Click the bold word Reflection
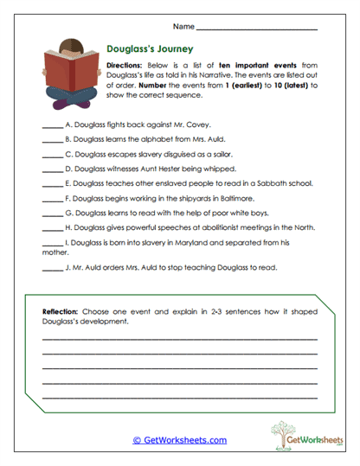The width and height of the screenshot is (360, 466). coord(61,310)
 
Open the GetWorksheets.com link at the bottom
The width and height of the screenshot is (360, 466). coord(180,440)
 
